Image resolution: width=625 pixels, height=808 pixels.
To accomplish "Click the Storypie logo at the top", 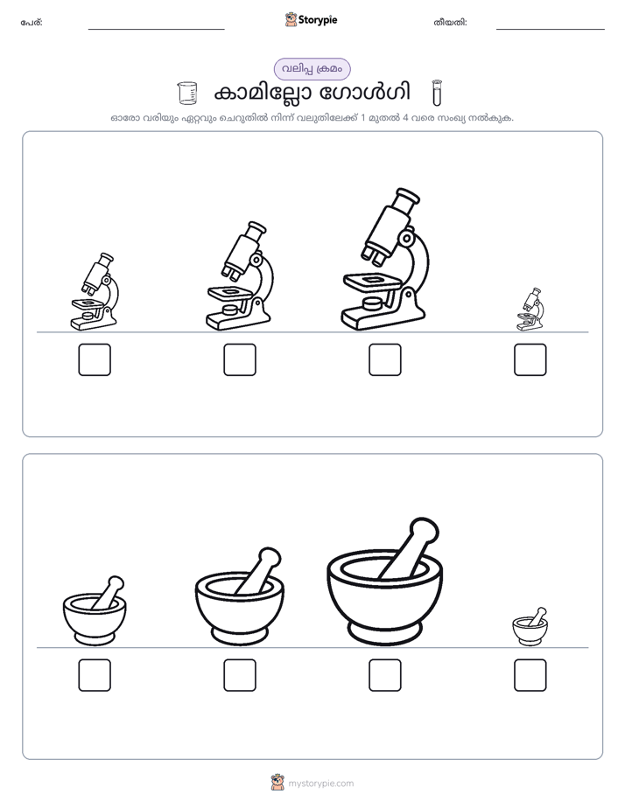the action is pyautogui.click(x=311, y=19).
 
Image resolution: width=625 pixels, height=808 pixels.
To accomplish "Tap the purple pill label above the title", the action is pyautogui.click(x=312, y=69).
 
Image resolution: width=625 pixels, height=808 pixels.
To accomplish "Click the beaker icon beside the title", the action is pyautogui.click(x=186, y=93).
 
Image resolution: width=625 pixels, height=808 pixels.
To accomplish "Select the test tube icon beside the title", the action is pyautogui.click(x=437, y=93).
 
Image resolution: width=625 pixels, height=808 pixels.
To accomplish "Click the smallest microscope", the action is pyautogui.click(x=530, y=310).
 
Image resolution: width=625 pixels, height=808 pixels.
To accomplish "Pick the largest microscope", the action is pyautogui.click(x=384, y=259).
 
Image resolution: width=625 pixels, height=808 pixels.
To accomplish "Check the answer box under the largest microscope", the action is pyautogui.click(x=384, y=359).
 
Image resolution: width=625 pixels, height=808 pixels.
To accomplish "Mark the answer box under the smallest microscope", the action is pyautogui.click(x=530, y=359).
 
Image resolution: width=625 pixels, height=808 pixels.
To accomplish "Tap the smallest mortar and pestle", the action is pyautogui.click(x=530, y=626).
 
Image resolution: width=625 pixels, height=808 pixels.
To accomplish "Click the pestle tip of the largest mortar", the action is pyautogui.click(x=424, y=530).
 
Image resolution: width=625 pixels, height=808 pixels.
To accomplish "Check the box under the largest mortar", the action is pyautogui.click(x=384, y=675).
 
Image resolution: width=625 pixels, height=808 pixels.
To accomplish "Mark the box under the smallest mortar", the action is pyautogui.click(x=530, y=675).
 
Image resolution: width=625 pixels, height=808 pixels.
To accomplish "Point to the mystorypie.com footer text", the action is pyautogui.click(x=320, y=784).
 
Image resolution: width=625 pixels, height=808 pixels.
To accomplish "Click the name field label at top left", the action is pyautogui.click(x=32, y=23).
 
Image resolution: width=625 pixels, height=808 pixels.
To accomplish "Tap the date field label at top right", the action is pyautogui.click(x=450, y=23).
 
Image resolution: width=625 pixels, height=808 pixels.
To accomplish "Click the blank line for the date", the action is pyautogui.click(x=551, y=30).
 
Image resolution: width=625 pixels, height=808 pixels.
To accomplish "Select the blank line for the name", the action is pyautogui.click(x=156, y=30).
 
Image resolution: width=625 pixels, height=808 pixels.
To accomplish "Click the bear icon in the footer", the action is pyautogui.click(x=277, y=783).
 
